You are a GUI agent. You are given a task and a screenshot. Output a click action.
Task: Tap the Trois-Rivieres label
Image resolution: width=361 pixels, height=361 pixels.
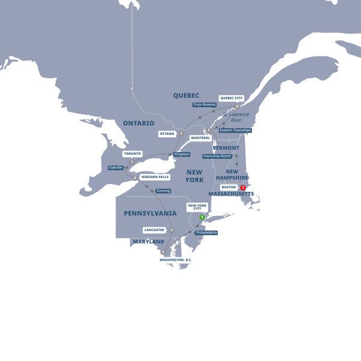pyautogui.click(x=205, y=105)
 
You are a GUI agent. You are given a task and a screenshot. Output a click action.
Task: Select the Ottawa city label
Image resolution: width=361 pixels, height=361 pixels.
pyautogui.click(x=167, y=134)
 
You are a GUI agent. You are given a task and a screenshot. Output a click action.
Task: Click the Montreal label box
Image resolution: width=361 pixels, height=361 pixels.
pyautogui.click(x=200, y=138)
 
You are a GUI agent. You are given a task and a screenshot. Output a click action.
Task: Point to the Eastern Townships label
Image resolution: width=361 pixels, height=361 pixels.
pyautogui.click(x=235, y=130)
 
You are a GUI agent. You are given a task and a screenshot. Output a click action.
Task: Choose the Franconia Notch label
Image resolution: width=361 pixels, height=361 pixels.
pyautogui.click(x=217, y=156)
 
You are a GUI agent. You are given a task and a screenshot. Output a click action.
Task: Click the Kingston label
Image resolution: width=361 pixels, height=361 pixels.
pyautogui.click(x=182, y=154)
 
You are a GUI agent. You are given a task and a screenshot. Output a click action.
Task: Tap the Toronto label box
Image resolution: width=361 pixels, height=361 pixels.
pyautogui.click(x=132, y=153)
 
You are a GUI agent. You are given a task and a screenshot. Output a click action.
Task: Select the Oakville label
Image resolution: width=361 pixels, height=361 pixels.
pyautogui.click(x=116, y=167)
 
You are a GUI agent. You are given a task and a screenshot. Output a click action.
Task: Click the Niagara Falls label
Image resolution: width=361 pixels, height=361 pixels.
pyautogui.click(x=155, y=177)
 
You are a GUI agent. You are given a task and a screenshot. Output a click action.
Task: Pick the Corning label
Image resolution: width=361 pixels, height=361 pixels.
pyautogui.click(x=163, y=191)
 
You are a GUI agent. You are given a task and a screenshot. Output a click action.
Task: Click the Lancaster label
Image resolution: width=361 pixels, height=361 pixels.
pyautogui.click(x=154, y=230)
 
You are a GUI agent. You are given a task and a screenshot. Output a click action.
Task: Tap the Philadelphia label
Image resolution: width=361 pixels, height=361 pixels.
pyautogui.click(x=206, y=232)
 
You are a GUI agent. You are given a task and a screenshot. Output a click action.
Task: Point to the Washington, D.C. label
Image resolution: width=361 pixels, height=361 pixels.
pyautogui.click(x=176, y=260)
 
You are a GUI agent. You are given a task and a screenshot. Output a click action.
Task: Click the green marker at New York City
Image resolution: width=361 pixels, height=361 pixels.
pyautogui.click(x=203, y=217)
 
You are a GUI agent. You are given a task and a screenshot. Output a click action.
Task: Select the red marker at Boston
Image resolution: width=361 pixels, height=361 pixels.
pyautogui.click(x=243, y=187)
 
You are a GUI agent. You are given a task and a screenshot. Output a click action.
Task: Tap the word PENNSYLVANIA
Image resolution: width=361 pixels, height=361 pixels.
pyautogui.click(x=150, y=213)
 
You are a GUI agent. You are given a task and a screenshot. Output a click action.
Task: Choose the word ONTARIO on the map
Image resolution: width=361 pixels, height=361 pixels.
pyautogui.click(x=139, y=123)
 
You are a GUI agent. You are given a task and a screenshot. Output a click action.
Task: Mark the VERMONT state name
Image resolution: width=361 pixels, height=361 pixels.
pyautogui.click(x=226, y=147)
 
